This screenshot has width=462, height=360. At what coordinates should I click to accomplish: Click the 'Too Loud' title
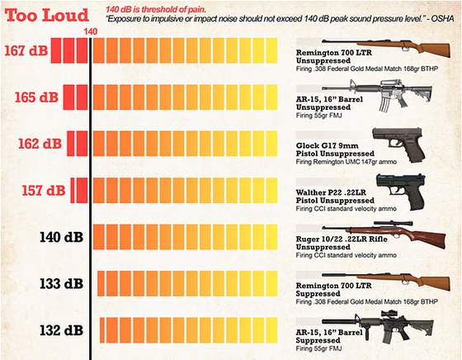47,16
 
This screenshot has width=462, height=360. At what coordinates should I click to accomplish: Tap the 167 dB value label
26,50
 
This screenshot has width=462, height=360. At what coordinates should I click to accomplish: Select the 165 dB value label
36,97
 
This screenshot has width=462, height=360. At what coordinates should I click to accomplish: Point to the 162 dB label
40,144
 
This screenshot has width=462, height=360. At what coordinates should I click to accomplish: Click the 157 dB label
44,190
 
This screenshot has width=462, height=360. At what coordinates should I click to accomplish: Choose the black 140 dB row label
61,237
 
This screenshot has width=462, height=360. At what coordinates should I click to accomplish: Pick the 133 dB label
61,284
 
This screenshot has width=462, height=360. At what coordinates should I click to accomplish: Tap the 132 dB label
61,330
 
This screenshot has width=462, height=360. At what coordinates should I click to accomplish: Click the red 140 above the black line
90,32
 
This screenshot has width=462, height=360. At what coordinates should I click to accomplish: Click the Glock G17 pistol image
399,145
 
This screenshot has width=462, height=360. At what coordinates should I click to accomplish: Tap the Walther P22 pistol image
401,192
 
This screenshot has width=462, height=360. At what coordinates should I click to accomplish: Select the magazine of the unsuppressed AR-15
384,104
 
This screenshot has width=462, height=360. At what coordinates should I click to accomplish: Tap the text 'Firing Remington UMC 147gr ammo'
346,162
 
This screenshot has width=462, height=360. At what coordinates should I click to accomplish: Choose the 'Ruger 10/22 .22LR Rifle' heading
342,239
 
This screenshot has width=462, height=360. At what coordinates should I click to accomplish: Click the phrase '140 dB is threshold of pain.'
156,9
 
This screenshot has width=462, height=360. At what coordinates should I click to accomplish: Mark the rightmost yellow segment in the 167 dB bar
271,50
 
